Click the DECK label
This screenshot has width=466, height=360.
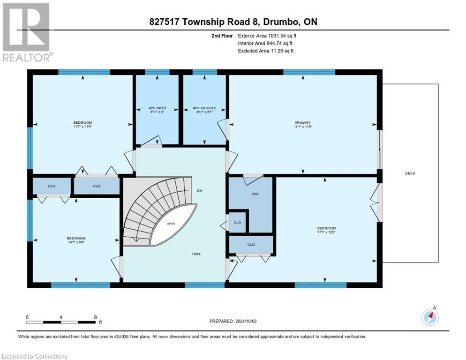click(x=410, y=173)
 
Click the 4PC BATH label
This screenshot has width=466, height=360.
click(x=157, y=108)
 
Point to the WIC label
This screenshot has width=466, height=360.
click(x=255, y=193)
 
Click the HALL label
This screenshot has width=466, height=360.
click(x=196, y=254)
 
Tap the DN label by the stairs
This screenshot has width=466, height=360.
click(x=199, y=191)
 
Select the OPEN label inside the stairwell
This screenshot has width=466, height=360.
click(x=171, y=224)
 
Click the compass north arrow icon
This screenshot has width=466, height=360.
click(x=430, y=317)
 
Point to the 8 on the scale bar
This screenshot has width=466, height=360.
click(x=96, y=317)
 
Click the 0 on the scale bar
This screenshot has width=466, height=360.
click(x=27, y=317)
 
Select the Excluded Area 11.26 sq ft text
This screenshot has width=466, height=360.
click(x=266, y=51)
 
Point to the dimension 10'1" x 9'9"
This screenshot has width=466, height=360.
click(x=76, y=242)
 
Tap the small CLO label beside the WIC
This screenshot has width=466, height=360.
click(x=237, y=222)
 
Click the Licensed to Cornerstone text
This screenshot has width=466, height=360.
click(x=35, y=357)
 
